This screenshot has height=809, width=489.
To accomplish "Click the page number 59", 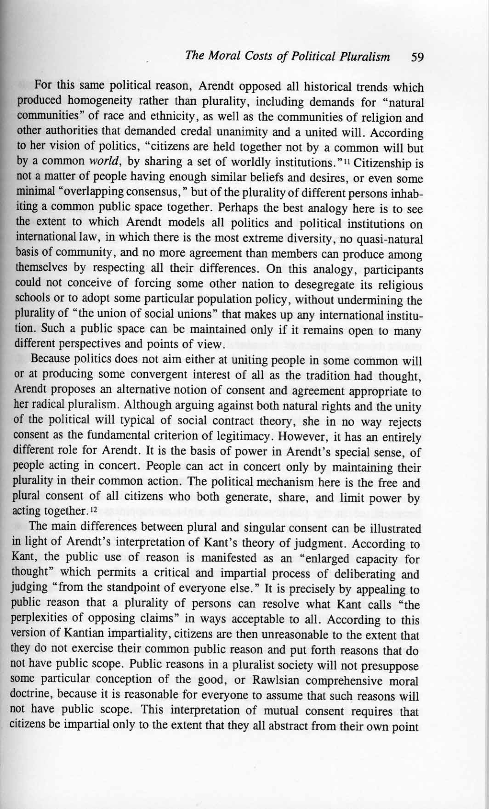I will pyautogui.click(x=417, y=57).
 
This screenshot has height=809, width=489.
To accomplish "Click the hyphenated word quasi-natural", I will pyautogui.click(x=392, y=239).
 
